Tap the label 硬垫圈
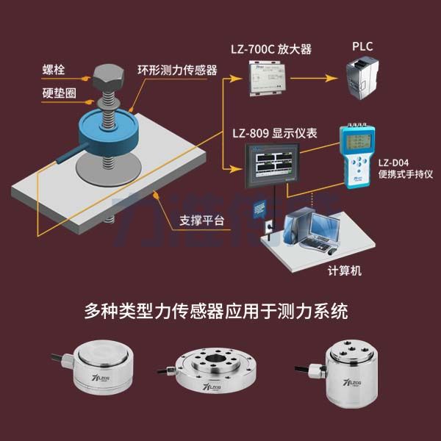[x=58, y=93]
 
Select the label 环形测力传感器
[x=177, y=71]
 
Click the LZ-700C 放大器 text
[x=269, y=50]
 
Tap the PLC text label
[x=362, y=47]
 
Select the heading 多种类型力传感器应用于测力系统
[x=220, y=312]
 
